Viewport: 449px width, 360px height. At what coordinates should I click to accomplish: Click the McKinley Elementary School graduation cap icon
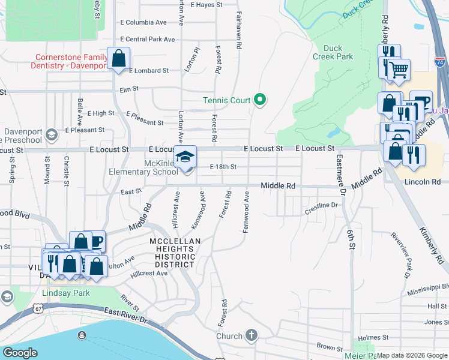(185, 157)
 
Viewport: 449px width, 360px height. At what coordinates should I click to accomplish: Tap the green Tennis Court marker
(260, 100)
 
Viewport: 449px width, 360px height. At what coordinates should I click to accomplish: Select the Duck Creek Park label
(338, 52)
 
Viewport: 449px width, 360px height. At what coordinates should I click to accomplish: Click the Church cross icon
(251, 336)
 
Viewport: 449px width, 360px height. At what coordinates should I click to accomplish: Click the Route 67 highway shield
(38, 308)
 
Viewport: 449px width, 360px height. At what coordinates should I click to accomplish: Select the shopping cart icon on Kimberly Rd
(398, 70)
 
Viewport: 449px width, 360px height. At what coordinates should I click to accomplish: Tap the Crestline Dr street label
(322, 205)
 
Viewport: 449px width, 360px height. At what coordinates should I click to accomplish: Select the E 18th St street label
(223, 167)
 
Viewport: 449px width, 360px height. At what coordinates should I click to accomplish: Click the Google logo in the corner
(20, 353)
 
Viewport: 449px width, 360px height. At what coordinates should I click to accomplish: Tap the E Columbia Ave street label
(143, 22)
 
